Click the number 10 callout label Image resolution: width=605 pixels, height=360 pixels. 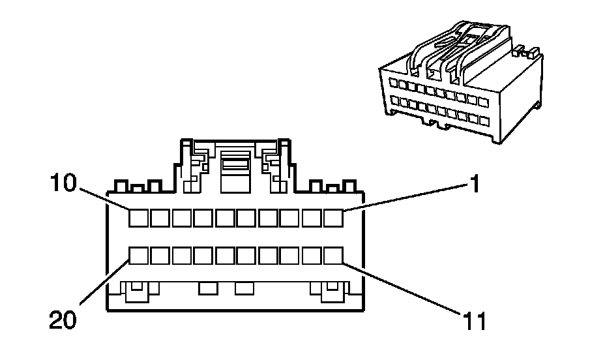(65, 185)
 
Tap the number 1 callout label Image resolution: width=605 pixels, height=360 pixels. (476, 185)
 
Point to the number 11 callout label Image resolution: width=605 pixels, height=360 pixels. (475, 322)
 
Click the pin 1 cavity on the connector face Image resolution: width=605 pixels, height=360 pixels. (334, 218)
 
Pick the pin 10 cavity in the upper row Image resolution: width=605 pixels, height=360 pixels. (138, 218)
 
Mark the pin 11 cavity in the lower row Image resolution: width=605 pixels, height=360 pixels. (334, 255)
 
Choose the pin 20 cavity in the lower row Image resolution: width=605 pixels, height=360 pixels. (138, 255)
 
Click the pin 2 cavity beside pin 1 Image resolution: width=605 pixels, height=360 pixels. (312, 218)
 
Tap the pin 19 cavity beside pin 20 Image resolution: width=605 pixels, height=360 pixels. (160, 255)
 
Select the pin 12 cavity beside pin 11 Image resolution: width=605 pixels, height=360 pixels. (312, 255)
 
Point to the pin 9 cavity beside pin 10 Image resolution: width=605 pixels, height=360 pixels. (160, 218)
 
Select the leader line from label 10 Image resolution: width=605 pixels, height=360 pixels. (104, 198)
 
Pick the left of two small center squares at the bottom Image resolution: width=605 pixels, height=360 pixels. (208, 288)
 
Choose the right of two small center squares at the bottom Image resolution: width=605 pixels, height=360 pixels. (244, 288)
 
